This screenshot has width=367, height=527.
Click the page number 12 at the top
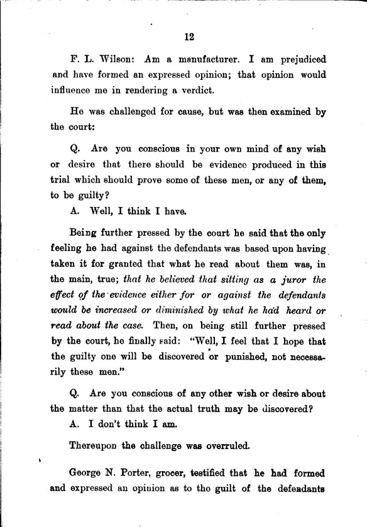[x=189, y=36]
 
